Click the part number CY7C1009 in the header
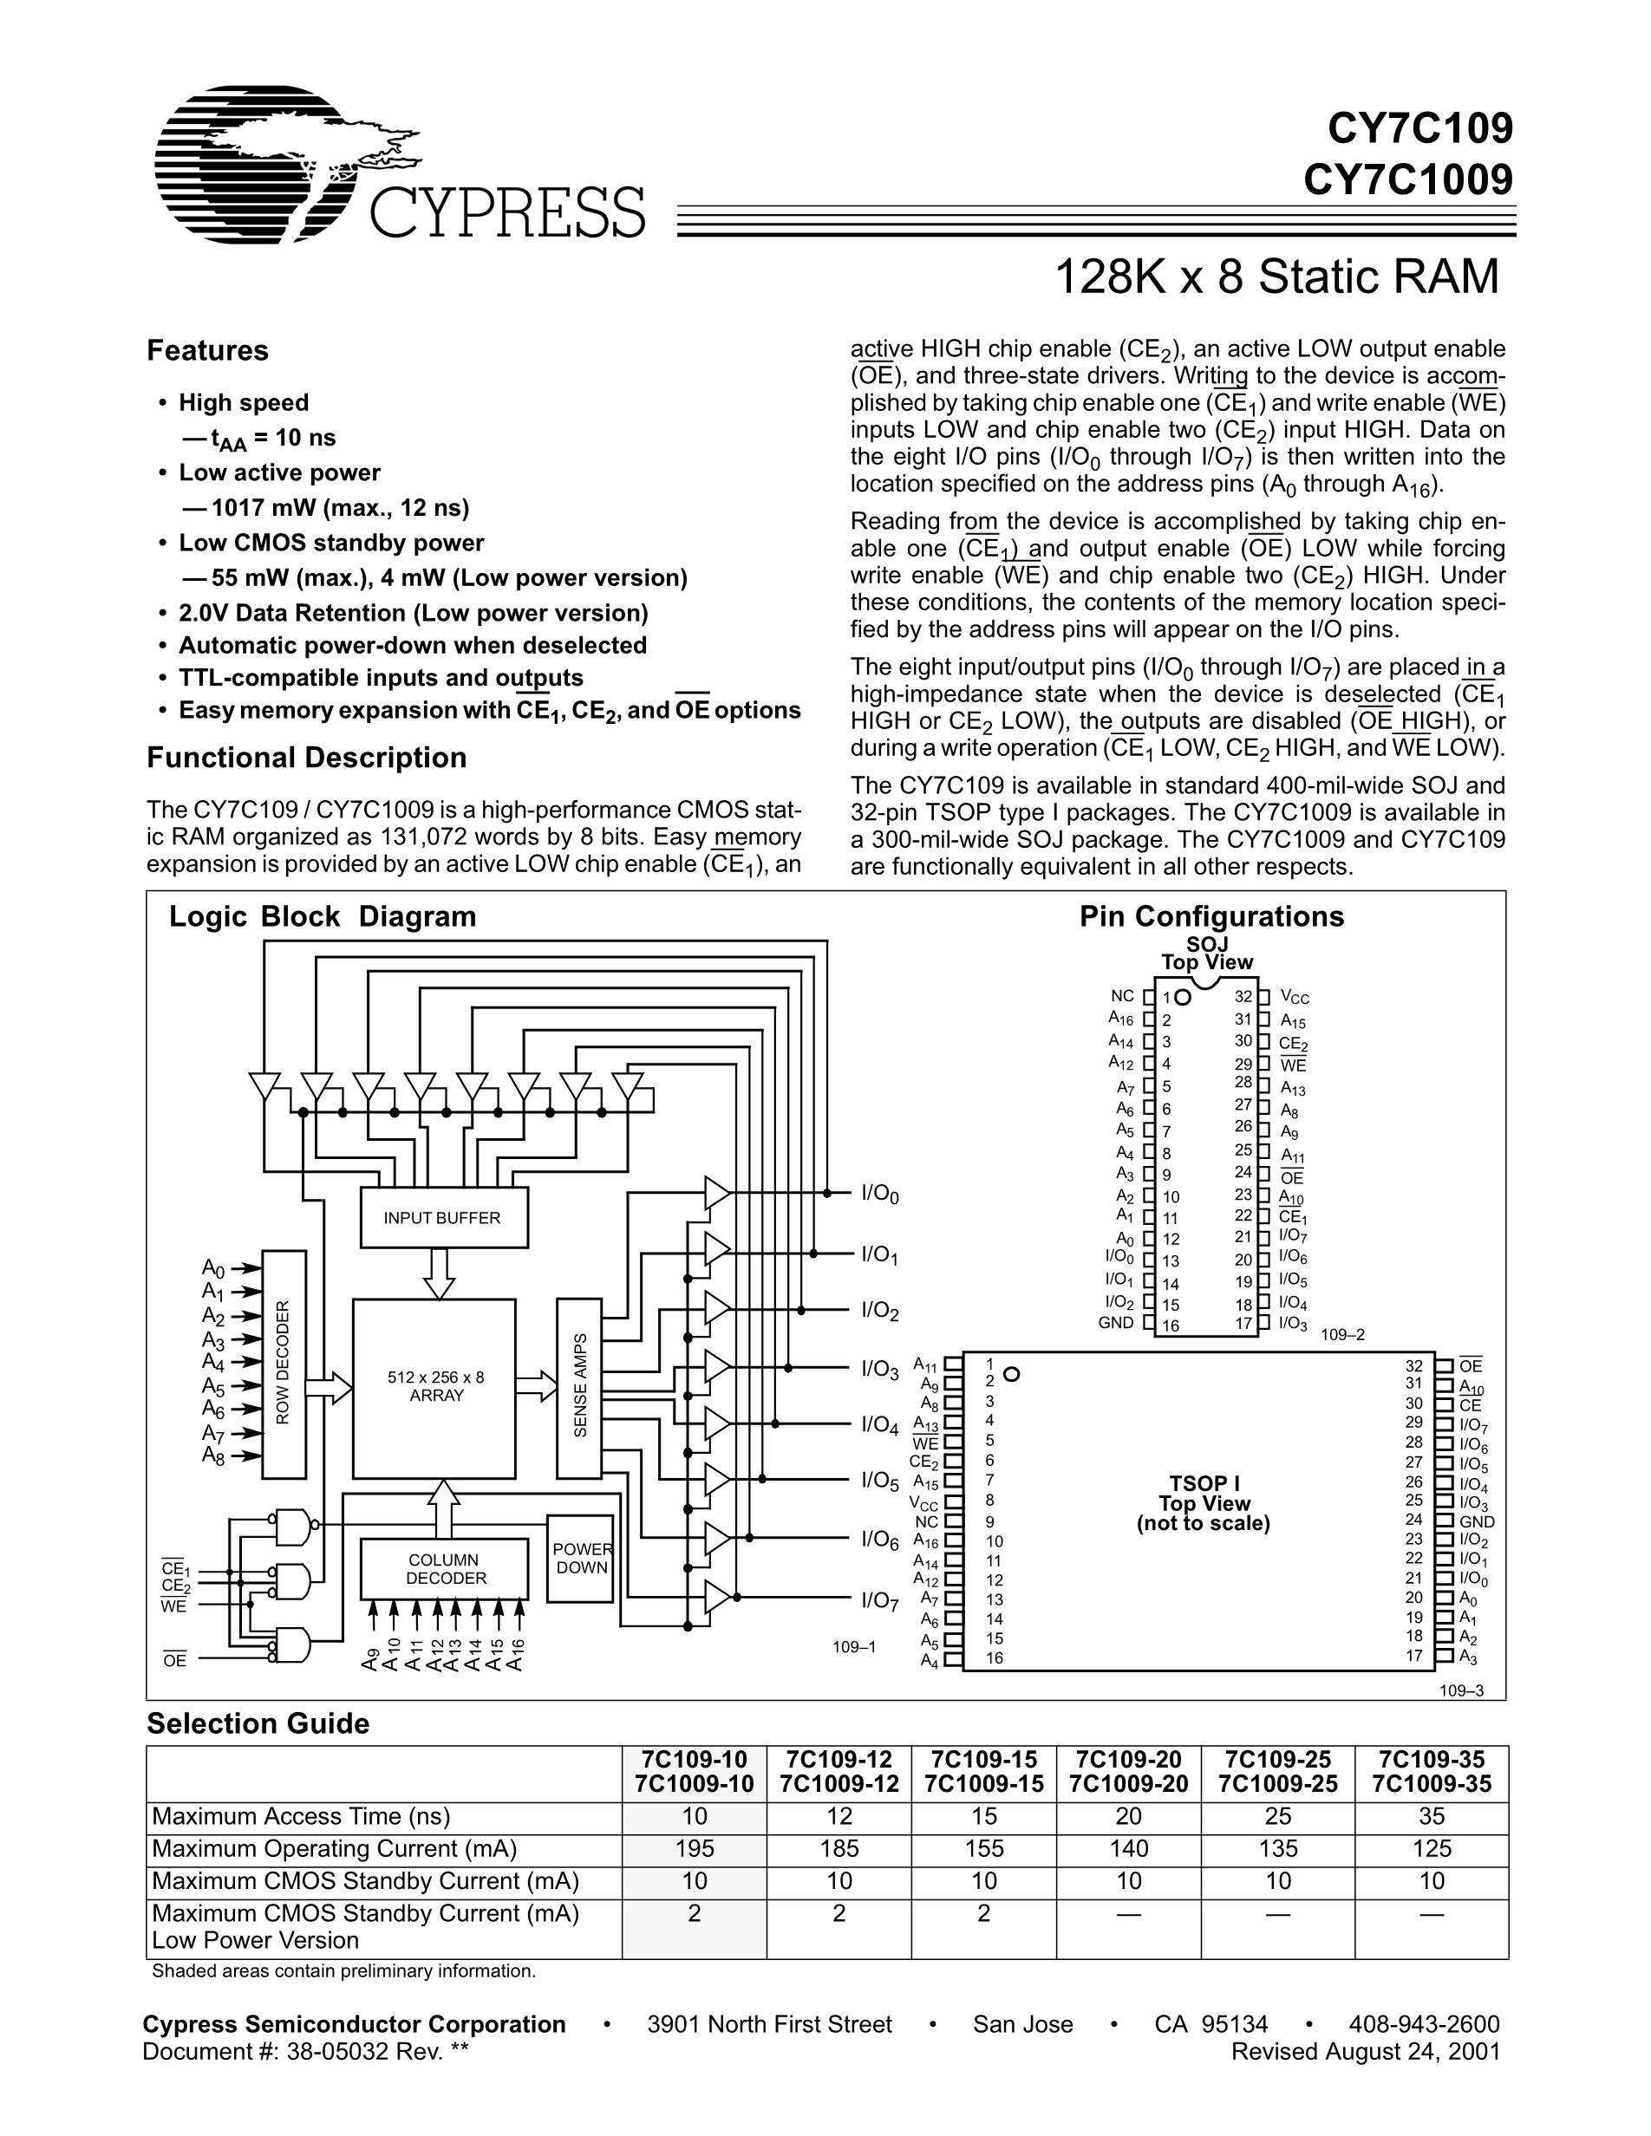(1407, 178)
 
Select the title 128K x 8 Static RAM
(1276, 277)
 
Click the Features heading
(207, 350)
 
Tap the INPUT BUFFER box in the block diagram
(442, 1218)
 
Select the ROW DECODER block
(284, 1363)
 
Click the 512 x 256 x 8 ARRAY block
(435, 1387)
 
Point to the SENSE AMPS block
(579, 1387)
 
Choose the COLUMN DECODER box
(444, 1569)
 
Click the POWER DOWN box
(580, 1559)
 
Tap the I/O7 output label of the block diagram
(879, 1600)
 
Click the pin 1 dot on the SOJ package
(1183, 998)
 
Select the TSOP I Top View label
(1203, 1503)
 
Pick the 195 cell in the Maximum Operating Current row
(694, 1848)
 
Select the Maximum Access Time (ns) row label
(301, 1816)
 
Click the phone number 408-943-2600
(1423, 2023)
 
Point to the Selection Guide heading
(258, 1723)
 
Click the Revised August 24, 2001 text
(1365, 2051)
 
